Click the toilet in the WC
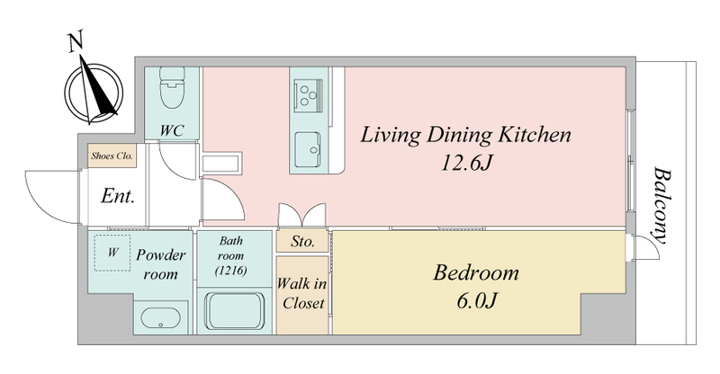172,87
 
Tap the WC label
172,130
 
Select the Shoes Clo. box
112,156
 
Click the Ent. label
118,196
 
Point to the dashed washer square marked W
112,253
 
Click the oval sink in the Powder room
160,317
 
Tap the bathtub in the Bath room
234,310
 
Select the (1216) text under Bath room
231,271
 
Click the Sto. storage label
302,241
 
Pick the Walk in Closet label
302,293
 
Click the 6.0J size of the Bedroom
477,300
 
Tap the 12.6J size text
466,163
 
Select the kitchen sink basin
307,149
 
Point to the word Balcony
661,205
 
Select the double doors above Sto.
302,215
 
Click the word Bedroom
476,272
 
